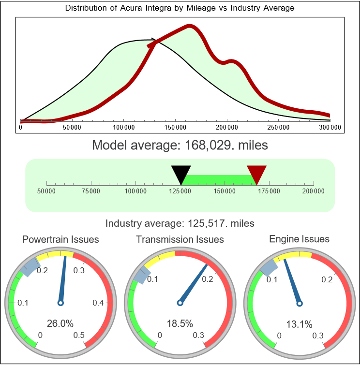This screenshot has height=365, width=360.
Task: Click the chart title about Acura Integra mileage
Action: (x=180, y=8)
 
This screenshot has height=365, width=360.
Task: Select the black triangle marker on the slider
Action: (x=181, y=174)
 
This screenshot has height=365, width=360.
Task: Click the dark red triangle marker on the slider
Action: (x=256, y=173)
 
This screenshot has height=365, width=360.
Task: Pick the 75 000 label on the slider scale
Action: (x=91, y=191)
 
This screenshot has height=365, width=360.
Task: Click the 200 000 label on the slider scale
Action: (x=314, y=191)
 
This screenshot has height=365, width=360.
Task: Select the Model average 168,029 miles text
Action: (x=180, y=145)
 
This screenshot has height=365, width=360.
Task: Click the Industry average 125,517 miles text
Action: (x=180, y=223)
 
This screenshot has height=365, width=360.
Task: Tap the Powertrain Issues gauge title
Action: (x=60, y=239)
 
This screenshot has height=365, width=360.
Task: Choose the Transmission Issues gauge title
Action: (x=180, y=239)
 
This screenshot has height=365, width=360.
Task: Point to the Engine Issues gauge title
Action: (x=299, y=239)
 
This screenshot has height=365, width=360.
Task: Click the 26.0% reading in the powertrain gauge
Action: (x=60, y=323)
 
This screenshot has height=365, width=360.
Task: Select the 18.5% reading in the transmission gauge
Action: (x=180, y=323)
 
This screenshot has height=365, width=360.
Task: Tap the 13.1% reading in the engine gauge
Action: (x=299, y=323)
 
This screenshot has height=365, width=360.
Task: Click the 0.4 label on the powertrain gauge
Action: (x=98, y=303)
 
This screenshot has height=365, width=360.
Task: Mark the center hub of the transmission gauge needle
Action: (x=180, y=303)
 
